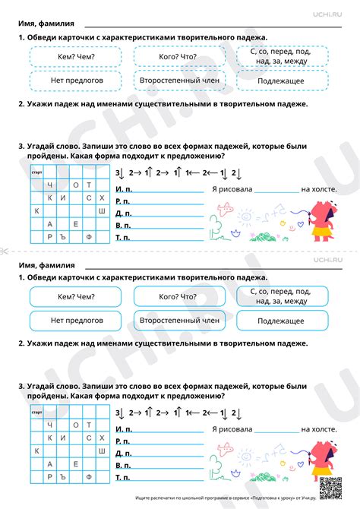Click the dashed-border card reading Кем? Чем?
tap(75, 56)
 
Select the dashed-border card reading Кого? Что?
tap(179, 56)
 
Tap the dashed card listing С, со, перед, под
tap(281, 56)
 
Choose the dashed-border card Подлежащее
tap(281, 81)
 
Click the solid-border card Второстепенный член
tap(179, 321)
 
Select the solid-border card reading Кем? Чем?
tap(75, 296)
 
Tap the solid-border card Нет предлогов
tap(75, 321)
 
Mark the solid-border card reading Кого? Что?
tap(179, 296)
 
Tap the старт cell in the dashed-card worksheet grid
tap(36, 172)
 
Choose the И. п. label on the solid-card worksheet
tap(123, 429)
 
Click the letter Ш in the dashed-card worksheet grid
tap(102, 210)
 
